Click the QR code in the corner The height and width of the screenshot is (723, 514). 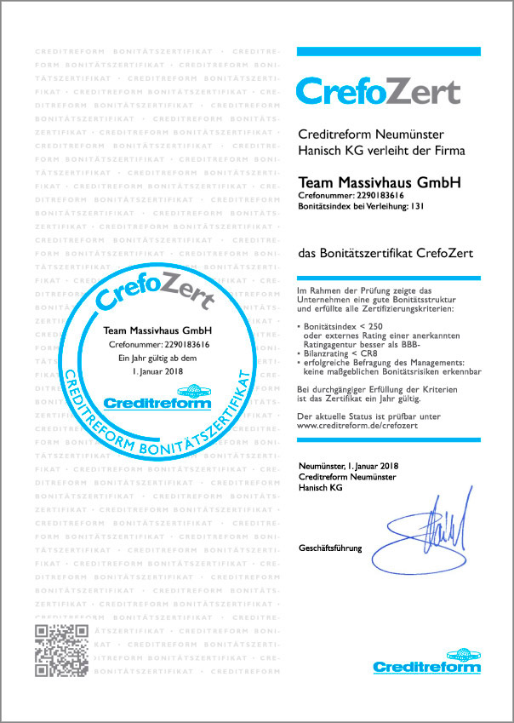pos(60,651)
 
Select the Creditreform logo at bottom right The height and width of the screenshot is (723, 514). pos(426,662)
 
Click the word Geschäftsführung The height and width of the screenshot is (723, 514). pos(330,548)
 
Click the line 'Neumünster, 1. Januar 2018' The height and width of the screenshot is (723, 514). pos(349,466)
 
